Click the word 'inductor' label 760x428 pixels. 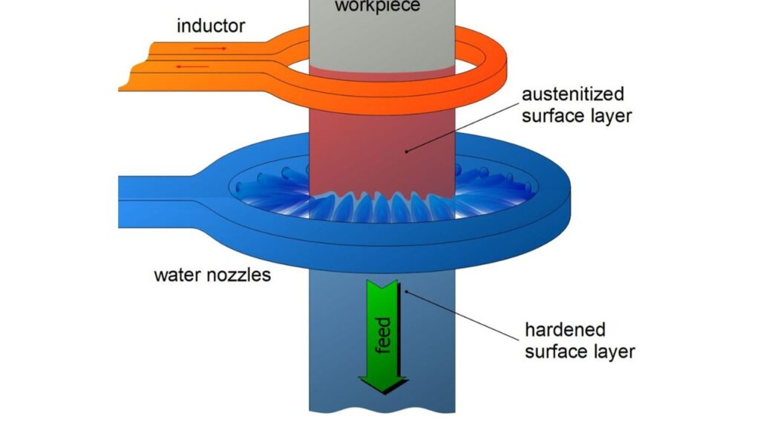[x=210, y=27]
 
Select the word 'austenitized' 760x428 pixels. [x=572, y=95]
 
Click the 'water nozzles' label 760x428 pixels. [x=212, y=276]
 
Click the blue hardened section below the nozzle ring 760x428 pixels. [x=430, y=334]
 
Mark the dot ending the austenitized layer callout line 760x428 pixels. [x=407, y=151]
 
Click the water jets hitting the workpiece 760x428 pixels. [x=371, y=208]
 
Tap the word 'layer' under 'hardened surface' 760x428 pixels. [x=612, y=351]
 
